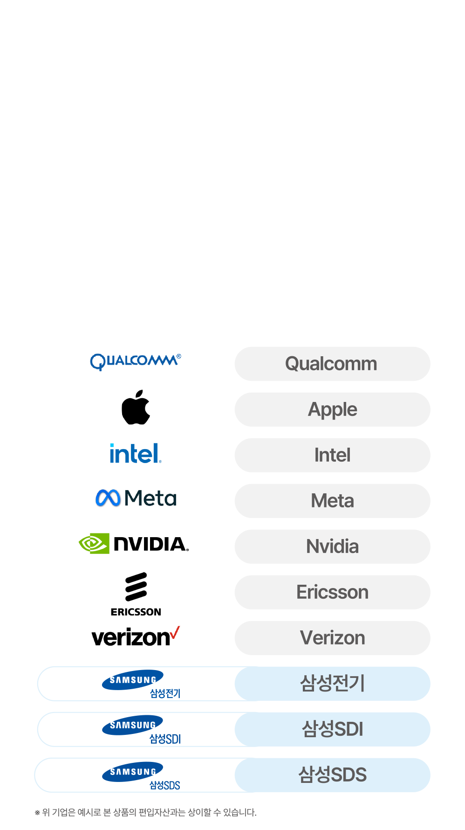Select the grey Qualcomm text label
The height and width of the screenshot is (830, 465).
331,364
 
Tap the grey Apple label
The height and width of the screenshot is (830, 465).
332,409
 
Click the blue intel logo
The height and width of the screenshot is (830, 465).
135,454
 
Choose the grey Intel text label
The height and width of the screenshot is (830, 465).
332,455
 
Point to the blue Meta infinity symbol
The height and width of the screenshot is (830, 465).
108,498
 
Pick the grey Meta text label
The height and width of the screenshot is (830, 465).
332,501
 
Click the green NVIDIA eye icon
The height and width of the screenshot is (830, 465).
94,543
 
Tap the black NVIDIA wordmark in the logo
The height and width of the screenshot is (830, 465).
150,544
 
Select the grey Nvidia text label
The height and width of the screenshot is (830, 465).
332,546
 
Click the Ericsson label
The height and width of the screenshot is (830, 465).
332,592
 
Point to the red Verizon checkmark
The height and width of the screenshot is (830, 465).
175,632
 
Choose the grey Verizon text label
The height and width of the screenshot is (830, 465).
332,638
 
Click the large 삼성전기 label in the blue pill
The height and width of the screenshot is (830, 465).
332,684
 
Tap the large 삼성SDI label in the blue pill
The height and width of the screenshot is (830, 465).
332,729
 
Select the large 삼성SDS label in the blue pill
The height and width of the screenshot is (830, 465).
332,775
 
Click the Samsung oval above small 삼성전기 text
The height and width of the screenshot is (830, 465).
133,679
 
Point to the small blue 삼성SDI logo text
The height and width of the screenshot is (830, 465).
165,739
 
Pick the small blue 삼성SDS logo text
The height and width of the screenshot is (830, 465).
164,785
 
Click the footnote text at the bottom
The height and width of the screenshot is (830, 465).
146,812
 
